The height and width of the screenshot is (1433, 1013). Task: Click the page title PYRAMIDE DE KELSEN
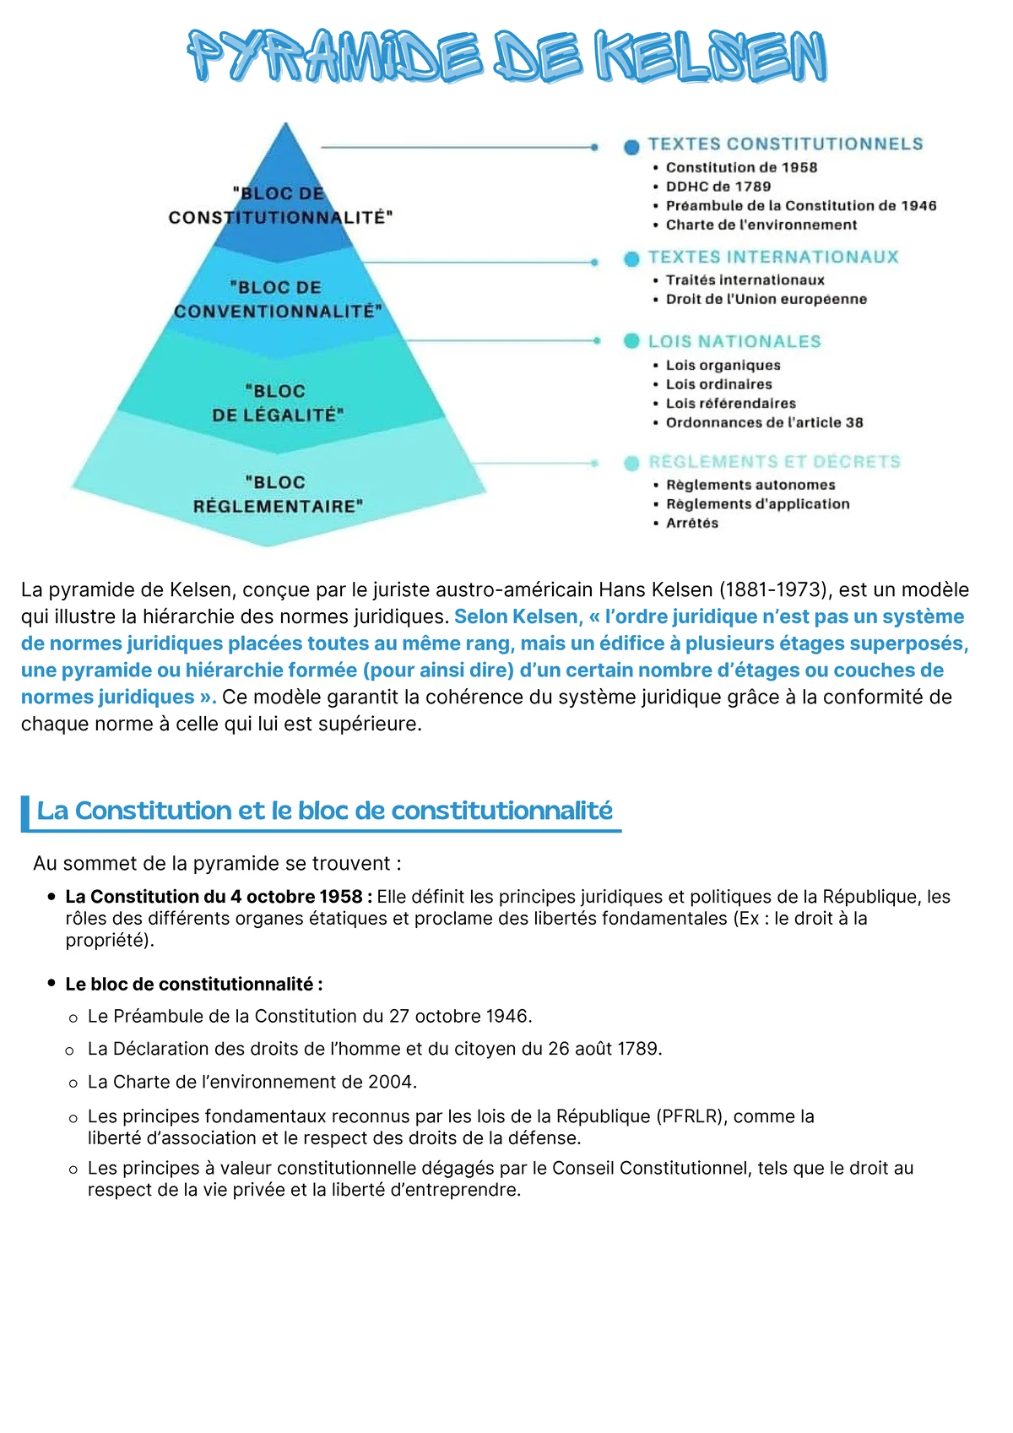click(x=506, y=57)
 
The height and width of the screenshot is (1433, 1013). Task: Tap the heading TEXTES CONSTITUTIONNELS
click(x=785, y=144)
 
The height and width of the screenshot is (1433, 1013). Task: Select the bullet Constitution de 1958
click(x=741, y=167)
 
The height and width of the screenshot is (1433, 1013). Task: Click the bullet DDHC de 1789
click(x=718, y=187)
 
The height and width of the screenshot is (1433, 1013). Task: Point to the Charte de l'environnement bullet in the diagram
click(x=761, y=225)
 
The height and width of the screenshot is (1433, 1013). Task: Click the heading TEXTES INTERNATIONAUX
click(x=773, y=258)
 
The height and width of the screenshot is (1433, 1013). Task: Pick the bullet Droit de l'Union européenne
click(x=766, y=299)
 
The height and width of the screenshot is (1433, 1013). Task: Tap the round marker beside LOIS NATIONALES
click(x=631, y=341)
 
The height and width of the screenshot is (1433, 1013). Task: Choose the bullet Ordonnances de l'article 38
click(x=764, y=422)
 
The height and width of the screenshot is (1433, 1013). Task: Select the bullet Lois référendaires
click(x=730, y=404)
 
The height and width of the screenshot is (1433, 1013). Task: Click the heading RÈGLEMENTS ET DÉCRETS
click(x=774, y=462)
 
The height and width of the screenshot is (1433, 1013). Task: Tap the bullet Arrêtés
click(x=692, y=524)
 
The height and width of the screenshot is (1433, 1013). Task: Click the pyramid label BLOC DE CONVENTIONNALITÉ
click(x=278, y=300)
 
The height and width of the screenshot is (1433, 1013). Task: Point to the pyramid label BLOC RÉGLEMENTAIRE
click(x=278, y=495)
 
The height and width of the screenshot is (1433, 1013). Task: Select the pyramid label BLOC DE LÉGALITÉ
click(x=277, y=404)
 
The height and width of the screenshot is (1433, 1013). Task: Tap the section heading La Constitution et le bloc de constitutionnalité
click(x=324, y=811)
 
